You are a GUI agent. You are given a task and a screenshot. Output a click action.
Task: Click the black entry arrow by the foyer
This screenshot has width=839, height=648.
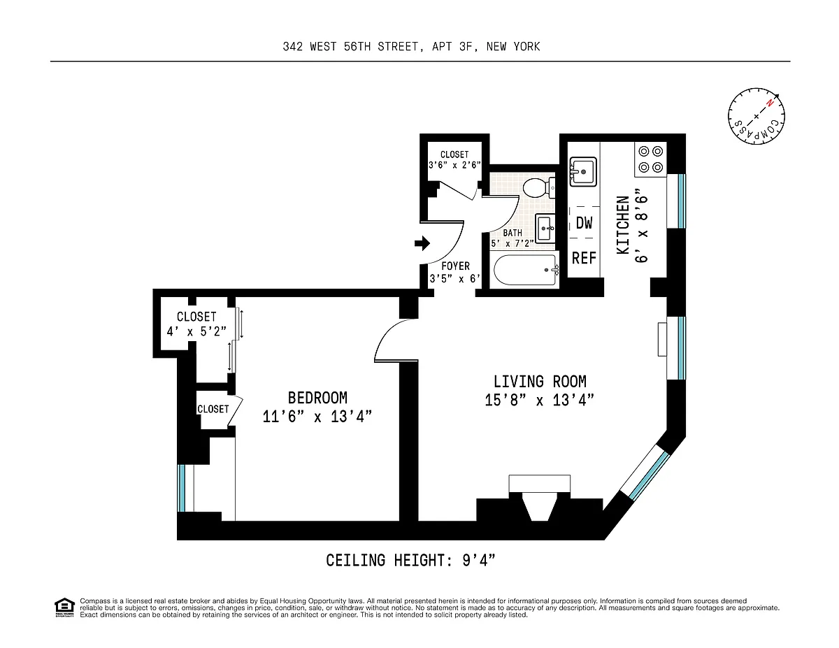[422, 243]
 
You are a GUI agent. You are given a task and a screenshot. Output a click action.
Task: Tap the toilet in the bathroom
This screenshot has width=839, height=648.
[539, 187]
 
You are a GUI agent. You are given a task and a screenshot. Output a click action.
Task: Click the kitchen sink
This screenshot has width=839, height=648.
[583, 172]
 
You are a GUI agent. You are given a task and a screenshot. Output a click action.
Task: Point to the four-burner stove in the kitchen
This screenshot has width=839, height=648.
[651, 159]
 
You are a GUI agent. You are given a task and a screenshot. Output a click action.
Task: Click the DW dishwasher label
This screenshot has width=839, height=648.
[584, 223]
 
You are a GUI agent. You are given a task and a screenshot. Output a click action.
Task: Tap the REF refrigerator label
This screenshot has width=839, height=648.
[584, 258]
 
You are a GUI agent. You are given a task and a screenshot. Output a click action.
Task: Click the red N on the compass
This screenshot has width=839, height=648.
[770, 103]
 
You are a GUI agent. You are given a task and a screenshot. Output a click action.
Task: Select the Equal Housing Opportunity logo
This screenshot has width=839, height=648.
[64, 607]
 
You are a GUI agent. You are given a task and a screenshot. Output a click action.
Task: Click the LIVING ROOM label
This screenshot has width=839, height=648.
[540, 382]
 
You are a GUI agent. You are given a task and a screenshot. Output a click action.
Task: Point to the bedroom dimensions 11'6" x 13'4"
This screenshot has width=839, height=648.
[317, 417]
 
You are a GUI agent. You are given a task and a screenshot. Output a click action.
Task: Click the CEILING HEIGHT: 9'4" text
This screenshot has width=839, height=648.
[410, 561]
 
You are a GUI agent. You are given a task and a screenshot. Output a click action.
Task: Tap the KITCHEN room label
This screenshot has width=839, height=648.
[623, 224]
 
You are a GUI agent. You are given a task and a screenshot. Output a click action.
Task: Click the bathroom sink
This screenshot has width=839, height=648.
[545, 229]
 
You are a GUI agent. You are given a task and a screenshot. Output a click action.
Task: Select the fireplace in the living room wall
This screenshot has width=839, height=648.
[539, 498]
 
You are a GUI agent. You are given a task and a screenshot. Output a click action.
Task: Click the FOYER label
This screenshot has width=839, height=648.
[456, 266]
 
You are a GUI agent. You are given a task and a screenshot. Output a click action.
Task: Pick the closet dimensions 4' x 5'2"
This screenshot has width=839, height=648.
[196, 331]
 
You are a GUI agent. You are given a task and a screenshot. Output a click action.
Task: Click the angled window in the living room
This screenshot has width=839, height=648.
[645, 473]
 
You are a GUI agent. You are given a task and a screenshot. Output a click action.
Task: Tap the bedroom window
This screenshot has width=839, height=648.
[182, 488]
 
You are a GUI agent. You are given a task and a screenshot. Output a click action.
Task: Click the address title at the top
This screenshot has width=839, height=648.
[411, 47]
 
